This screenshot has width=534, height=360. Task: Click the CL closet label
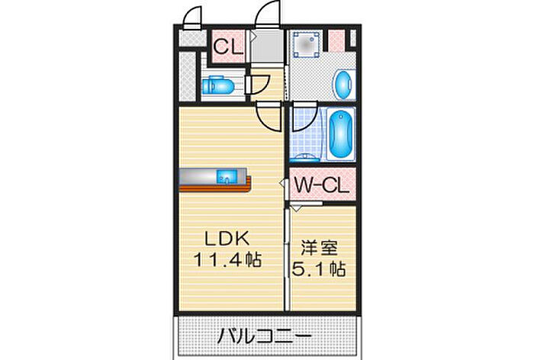(228, 47)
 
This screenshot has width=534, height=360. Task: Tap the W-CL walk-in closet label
(321, 185)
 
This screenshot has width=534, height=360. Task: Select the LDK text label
(227, 239)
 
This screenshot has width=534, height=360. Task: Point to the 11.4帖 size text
(227, 260)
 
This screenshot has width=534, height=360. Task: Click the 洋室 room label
(319, 248)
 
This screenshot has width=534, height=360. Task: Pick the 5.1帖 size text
(319, 269)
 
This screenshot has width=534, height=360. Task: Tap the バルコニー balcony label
(265, 336)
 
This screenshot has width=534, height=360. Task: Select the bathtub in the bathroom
(341, 133)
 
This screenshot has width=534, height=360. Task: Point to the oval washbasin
(343, 85)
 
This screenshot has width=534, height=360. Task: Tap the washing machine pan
(307, 44)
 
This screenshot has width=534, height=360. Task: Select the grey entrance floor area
(267, 47)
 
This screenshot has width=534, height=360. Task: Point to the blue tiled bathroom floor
(307, 133)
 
